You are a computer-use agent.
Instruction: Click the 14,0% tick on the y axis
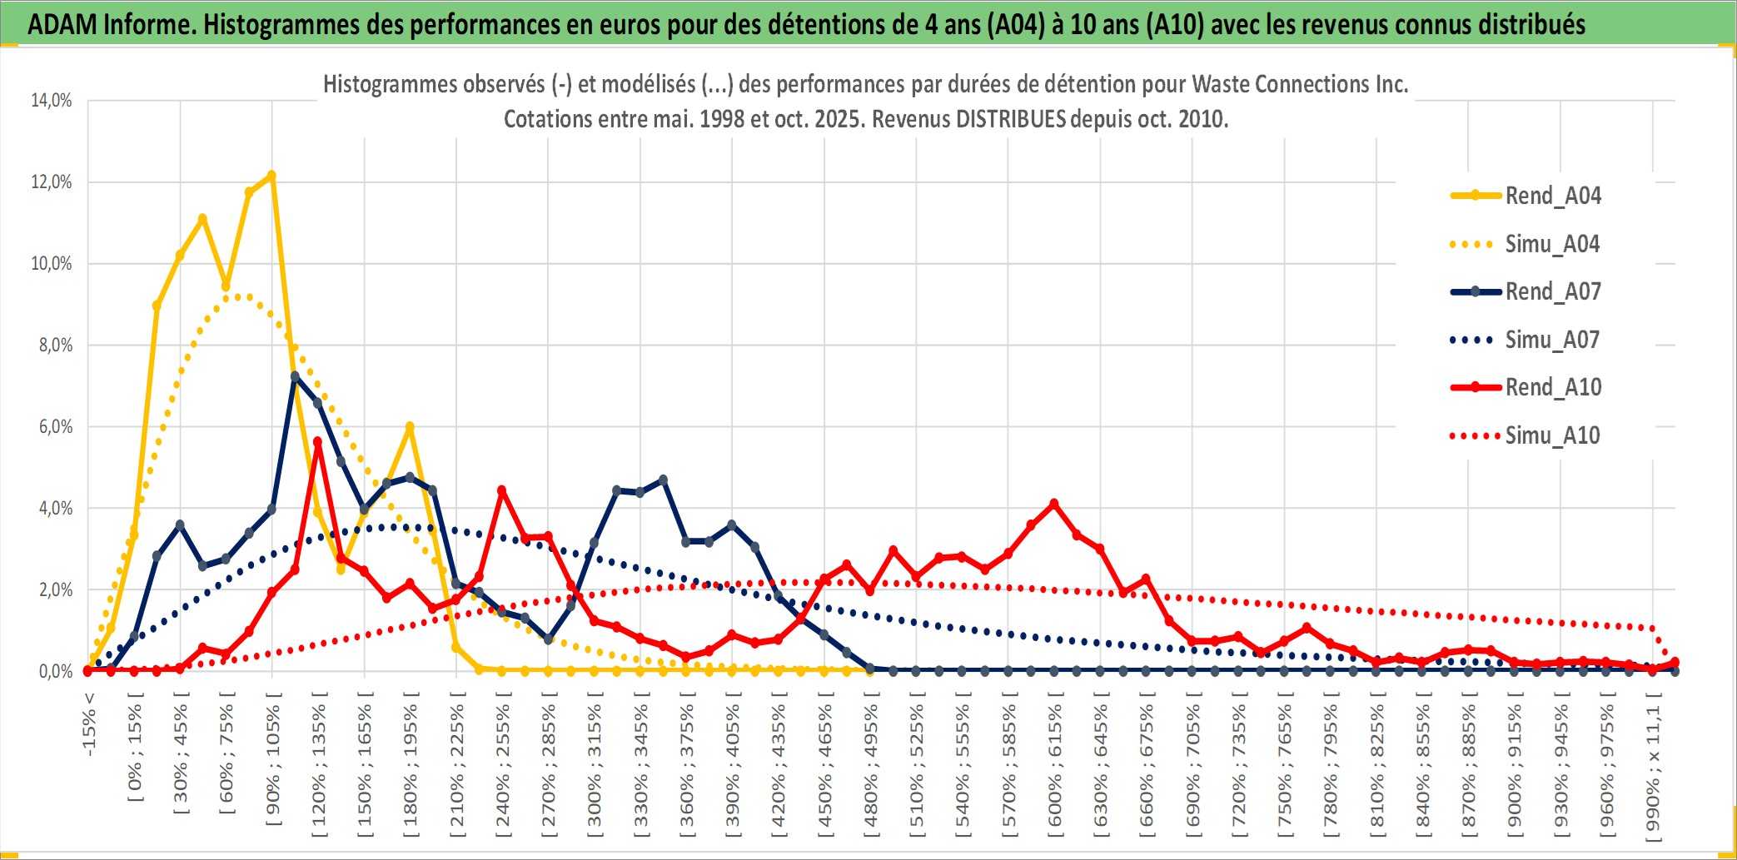click(x=52, y=101)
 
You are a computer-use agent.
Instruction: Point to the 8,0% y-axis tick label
click(x=55, y=345)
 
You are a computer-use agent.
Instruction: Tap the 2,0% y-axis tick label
click(x=55, y=590)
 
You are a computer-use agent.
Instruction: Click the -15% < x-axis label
click(x=89, y=724)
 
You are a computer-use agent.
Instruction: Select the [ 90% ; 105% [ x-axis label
click(x=273, y=766)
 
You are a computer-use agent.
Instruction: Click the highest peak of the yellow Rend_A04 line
click(x=271, y=176)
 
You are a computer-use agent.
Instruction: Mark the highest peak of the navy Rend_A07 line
click(x=295, y=376)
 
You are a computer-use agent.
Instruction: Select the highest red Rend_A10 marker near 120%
click(x=317, y=442)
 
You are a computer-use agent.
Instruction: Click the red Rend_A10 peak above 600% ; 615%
click(x=1054, y=504)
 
